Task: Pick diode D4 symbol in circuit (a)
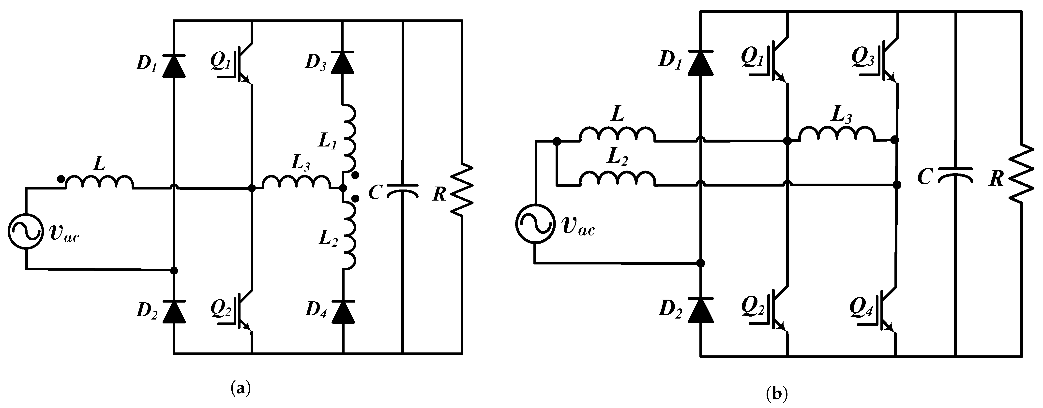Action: click(x=343, y=312)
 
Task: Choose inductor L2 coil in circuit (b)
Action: click(x=618, y=178)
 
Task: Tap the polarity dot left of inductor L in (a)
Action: click(x=60, y=178)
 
